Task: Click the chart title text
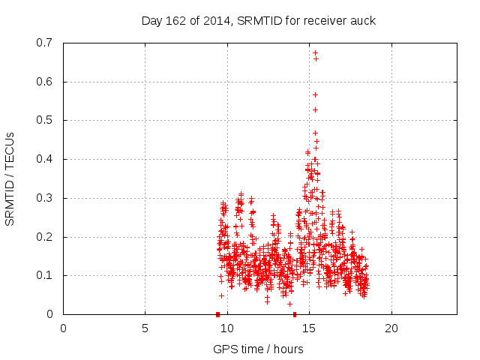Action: pyautogui.click(x=259, y=20)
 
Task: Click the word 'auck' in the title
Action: pyautogui.click(x=363, y=20)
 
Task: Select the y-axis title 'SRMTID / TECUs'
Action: pyautogui.click(x=10, y=178)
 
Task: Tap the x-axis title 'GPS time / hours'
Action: pyautogui.click(x=258, y=349)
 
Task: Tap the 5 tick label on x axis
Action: pyautogui.click(x=145, y=328)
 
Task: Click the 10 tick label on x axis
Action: pyautogui.click(x=226, y=328)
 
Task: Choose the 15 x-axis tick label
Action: pyautogui.click(x=309, y=328)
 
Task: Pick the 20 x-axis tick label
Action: pyautogui.click(x=391, y=328)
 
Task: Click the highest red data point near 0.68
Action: pyautogui.click(x=315, y=52)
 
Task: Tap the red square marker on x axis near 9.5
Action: pyautogui.click(x=217, y=314)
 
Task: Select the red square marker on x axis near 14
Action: pyautogui.click(x=295, y=314)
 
